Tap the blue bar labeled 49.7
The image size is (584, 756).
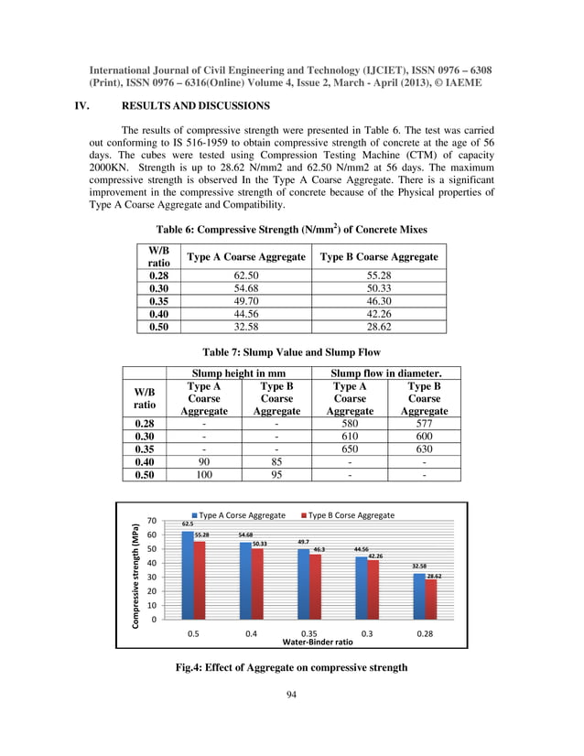click(303, 583)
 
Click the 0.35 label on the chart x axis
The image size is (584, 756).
click(308, 632)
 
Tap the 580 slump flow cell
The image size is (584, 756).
click(350, 424)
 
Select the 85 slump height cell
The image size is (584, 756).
click(276, 462)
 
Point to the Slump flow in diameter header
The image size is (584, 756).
click(386, 373)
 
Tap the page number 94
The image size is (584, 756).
click(291, 696)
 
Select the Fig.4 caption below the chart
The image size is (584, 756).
click(291, 667)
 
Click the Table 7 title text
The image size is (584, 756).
click(291, 351)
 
